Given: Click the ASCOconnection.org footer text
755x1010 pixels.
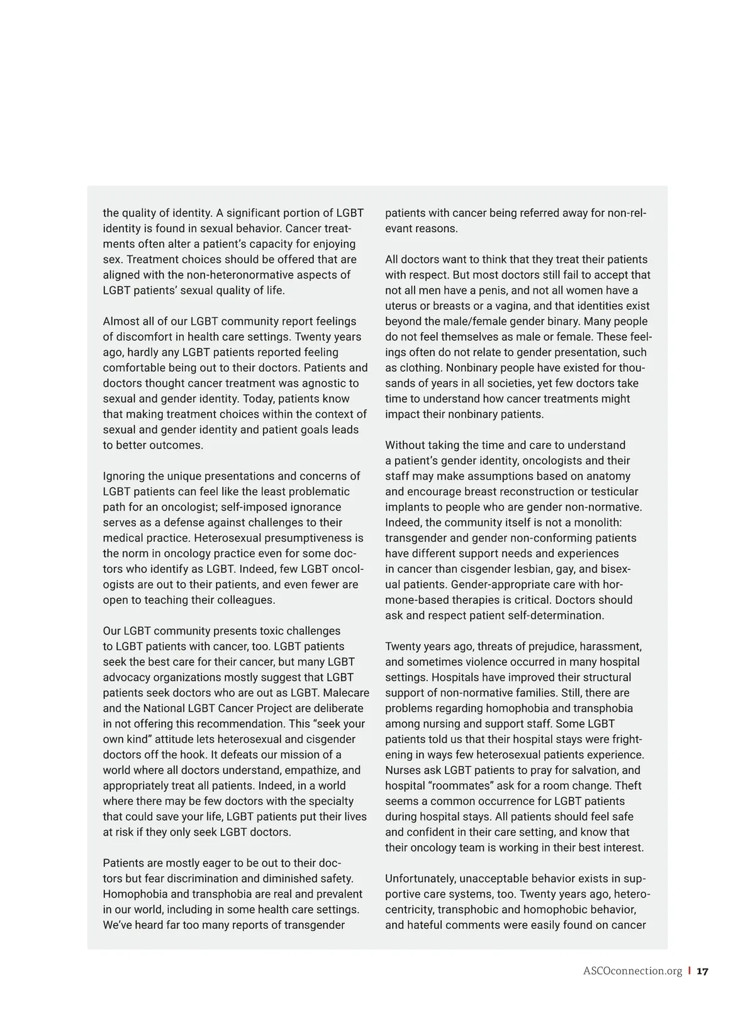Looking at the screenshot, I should click(x=632, y=971).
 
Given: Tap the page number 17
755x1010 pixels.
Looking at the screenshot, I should click(x=703, y=971).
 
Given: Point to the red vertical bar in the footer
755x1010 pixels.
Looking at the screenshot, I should click(x=690, y=971).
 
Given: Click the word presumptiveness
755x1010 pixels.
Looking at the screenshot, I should click(x=308, y=538).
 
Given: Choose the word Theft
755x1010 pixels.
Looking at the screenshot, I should click(x=628, y=785).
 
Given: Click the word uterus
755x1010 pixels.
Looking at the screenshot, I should click(x=402, y=306).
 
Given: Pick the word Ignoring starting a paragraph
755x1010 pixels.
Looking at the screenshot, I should click(x=124, y=476).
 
